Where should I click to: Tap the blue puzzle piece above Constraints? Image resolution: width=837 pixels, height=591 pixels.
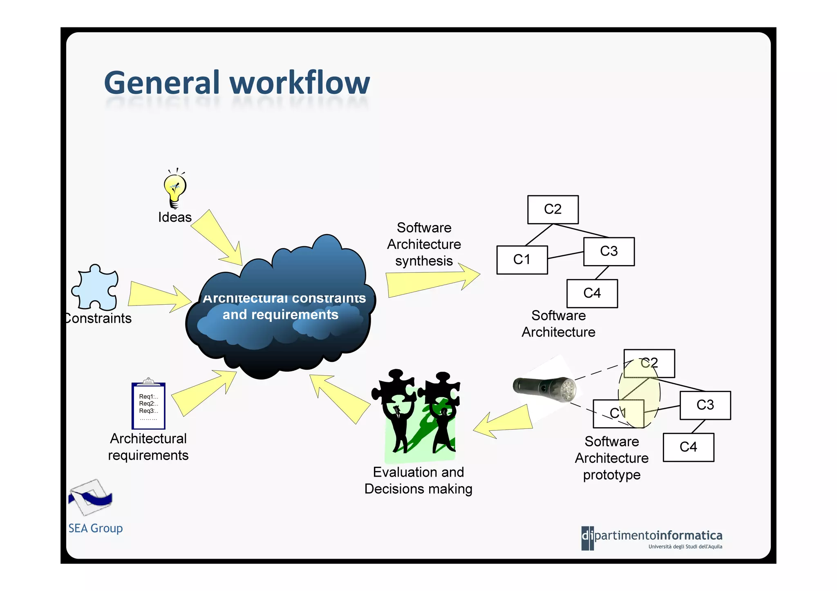coord(96,288)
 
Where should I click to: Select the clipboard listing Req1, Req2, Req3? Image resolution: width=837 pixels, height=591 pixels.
coord(148,405)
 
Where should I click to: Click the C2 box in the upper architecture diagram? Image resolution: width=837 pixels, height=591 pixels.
coord(553,210)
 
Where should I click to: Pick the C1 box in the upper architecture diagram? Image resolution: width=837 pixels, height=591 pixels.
coord(522,260)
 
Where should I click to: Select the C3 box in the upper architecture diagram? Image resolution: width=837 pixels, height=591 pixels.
coord(609,252)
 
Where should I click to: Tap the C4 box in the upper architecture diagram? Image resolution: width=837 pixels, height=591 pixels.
coord(592,293)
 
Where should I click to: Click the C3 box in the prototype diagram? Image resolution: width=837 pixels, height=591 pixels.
coord(705,405)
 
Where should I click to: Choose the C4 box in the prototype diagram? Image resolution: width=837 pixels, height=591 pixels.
coord(688,447)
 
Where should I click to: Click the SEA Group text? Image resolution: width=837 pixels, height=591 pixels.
coord(95,528)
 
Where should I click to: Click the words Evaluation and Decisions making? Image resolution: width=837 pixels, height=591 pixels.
coord(418,480)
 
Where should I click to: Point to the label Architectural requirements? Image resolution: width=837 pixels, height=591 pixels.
coord(148,447)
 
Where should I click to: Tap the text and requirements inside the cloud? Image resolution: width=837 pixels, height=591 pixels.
coord(280,314)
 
